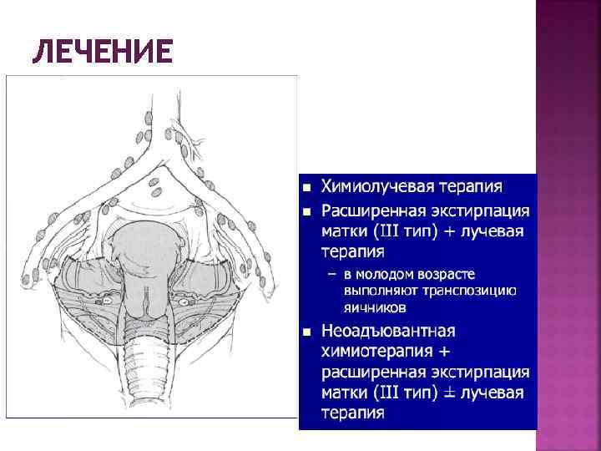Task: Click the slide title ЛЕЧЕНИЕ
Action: tap(104, 53)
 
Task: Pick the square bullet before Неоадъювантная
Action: tap(306, 332)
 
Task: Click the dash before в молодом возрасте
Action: tap(332, 274)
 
